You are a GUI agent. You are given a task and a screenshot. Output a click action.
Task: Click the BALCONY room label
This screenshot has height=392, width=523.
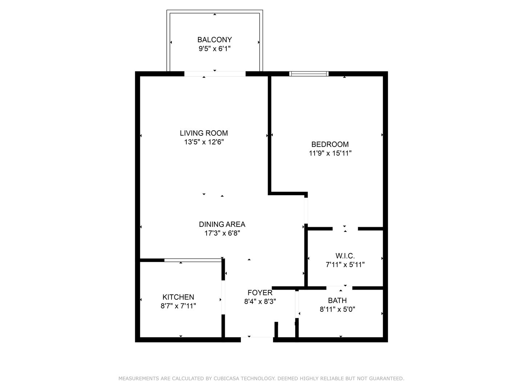point(214,40)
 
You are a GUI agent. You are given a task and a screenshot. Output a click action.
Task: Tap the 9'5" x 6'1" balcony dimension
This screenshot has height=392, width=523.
point(214,49)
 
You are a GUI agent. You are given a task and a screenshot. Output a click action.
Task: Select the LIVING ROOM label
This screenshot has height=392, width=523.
point(204,133)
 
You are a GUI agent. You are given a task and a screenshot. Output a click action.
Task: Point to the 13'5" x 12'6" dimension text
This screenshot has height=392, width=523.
point(204,142)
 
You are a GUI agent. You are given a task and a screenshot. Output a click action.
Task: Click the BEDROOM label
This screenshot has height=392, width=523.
point(330,144)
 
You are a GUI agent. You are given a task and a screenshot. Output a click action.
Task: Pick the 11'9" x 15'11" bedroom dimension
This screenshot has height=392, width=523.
point(330,153)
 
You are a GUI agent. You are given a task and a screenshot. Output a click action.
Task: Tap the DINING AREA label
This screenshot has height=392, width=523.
point(222,224)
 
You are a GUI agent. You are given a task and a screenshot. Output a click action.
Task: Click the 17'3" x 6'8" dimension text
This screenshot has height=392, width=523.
point(222,233)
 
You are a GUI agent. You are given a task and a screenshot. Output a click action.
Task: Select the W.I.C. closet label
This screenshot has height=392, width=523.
point(345,256)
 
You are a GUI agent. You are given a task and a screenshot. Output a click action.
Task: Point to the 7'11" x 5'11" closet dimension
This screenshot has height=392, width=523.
point(345,265)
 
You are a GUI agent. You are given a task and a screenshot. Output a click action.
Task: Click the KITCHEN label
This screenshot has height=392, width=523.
point(178,297)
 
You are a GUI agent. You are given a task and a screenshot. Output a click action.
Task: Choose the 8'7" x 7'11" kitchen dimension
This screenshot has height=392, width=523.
point(178,306)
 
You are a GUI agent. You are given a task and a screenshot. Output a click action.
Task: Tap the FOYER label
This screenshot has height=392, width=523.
point(260,293)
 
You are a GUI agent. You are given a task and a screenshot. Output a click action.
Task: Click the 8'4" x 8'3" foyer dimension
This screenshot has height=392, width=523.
point(260,302)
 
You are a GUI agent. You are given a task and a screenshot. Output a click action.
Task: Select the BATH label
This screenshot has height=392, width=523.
point(337,301)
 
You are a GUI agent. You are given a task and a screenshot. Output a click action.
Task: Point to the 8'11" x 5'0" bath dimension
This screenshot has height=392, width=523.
point(337,309)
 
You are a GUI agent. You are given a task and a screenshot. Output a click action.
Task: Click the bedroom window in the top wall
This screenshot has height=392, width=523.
point(309,74)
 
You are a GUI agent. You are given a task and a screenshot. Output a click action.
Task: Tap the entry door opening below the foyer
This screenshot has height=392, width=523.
point(257,340)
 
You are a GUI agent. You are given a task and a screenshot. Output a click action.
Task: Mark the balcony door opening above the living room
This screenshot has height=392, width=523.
point(215,74)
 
